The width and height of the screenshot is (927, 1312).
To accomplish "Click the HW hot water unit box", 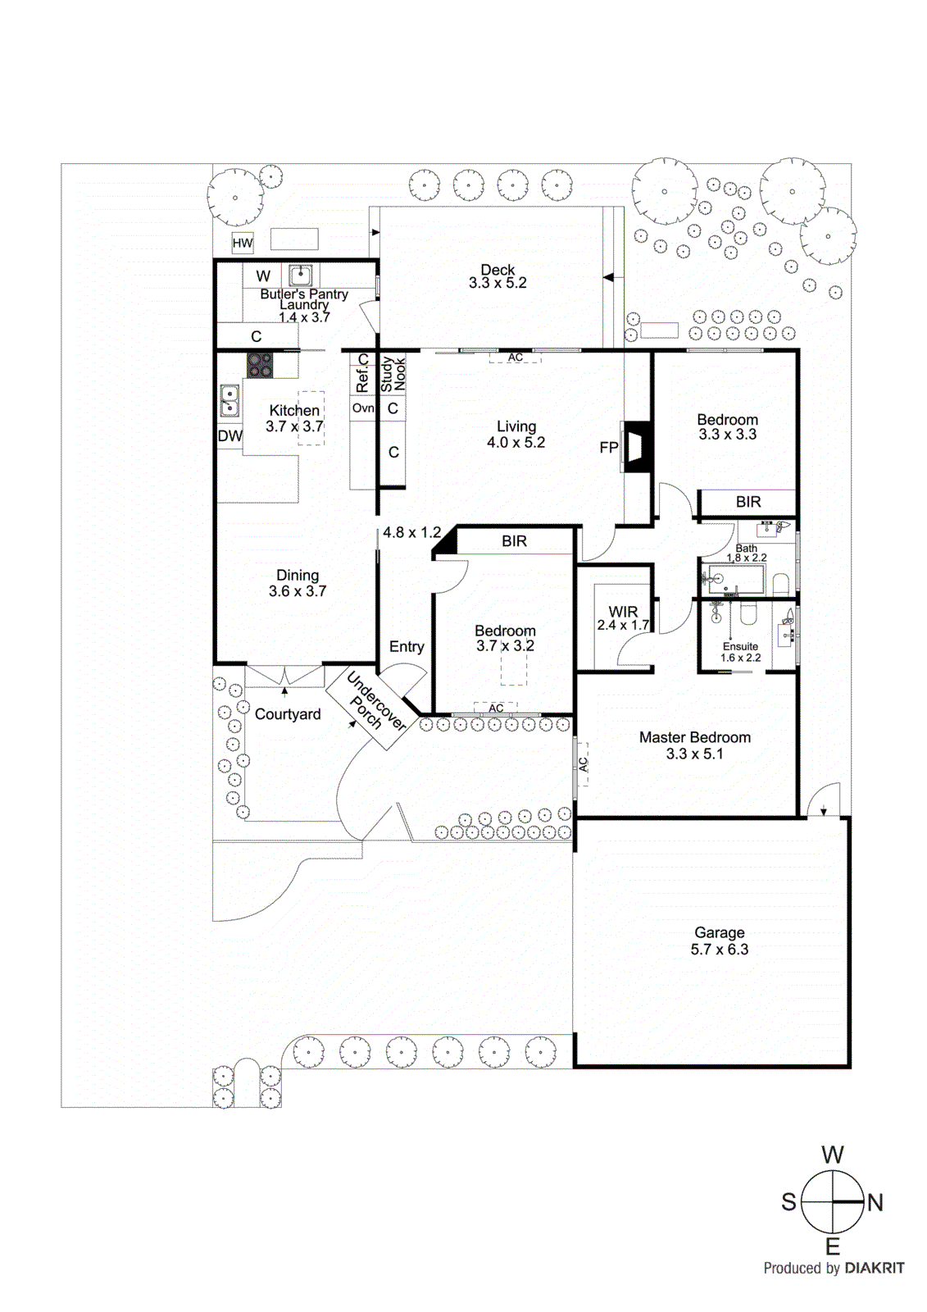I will (243, 243).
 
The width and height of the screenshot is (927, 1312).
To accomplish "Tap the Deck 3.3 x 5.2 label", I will (498, 276).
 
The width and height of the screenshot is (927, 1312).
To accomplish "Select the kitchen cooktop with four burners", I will (260, 365).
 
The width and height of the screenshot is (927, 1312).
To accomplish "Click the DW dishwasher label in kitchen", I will (229, 436).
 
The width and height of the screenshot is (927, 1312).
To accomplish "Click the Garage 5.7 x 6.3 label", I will (720, 941).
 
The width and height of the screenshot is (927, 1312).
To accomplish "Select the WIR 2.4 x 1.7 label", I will (623, 618).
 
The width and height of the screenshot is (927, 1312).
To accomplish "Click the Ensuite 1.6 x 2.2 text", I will (740, 652).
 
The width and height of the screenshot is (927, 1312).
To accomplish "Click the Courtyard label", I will (288, 714).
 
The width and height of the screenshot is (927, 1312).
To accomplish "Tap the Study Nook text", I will (393, 374).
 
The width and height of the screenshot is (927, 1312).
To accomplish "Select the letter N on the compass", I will (875, 1203).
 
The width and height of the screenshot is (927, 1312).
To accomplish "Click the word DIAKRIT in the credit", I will (875, 1268).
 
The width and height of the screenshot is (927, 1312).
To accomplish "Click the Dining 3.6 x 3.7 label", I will (298, 583).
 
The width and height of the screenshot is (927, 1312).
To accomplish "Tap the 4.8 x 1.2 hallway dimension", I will (411, 532).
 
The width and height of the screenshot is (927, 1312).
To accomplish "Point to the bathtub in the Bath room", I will (734, 580).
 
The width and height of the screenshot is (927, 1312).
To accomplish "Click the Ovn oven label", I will (363, 408).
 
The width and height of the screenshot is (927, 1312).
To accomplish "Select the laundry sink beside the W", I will (300, 275).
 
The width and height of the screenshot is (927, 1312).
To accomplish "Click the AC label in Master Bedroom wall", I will (583, 764).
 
